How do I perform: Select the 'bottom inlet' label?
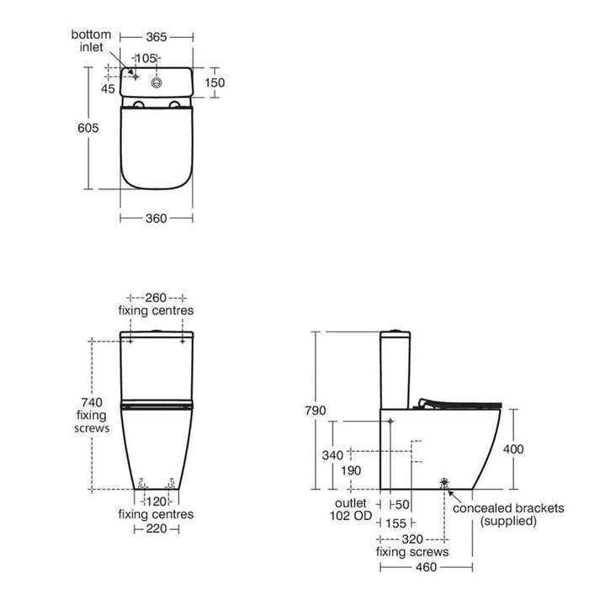coord(91,40)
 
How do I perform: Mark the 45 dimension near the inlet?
coord(108,88)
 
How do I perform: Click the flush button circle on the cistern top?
coord(157,83)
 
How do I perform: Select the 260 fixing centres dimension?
coord(157,298)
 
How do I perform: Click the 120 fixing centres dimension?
coord(157,501)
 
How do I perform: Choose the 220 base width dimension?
coord(157,529)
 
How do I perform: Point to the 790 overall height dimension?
coord(313,410)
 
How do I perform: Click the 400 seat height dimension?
coord(512,449)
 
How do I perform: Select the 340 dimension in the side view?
coord(333,454)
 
